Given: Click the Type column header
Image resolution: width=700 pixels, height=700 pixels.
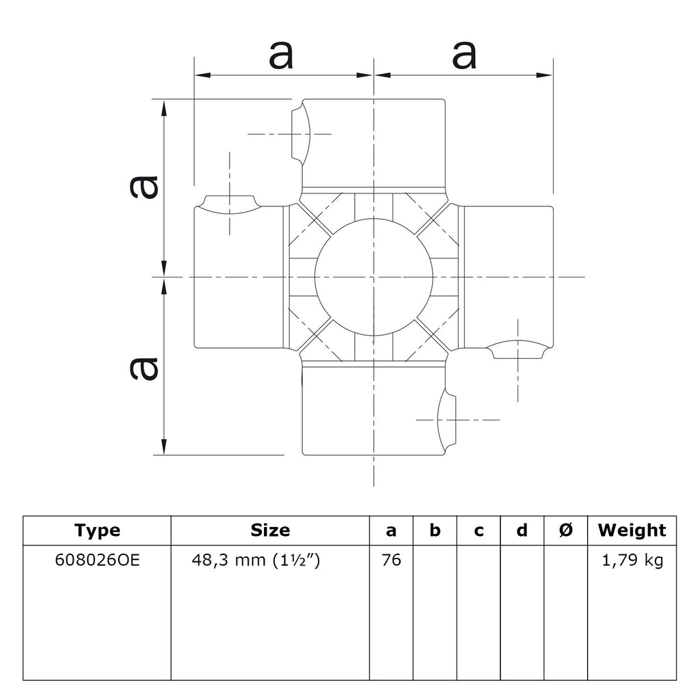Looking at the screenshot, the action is (x=97, y=530).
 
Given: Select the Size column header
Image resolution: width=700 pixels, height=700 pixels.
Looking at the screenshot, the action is (x=270, y=530).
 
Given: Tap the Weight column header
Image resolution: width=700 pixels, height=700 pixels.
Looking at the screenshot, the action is (x=632, y=530).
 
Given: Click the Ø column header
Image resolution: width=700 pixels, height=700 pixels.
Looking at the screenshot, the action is (x=565, y=530).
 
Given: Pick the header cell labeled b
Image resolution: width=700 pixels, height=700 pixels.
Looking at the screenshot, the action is (x=435, y=530).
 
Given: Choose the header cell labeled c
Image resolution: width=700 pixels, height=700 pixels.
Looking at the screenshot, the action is (x=479, y=530).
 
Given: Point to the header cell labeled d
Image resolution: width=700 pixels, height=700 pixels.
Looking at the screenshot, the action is (x=522, y=530).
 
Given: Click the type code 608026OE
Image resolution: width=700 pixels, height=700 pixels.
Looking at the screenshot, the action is (x=97, y=560).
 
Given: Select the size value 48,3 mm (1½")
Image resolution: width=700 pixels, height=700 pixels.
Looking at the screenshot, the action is (x=256, y=560).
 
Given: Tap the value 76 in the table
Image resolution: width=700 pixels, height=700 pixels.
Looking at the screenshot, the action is (x=392, y=560).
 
